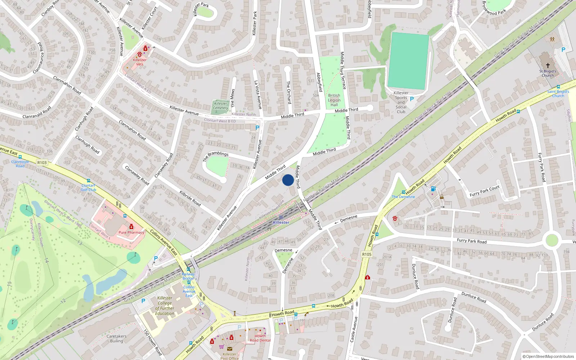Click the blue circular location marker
tap(288, 180)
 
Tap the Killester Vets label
tap(140, 62)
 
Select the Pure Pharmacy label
tap(131, 233)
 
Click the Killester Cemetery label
tap(220, 105)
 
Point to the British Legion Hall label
tap(334, 100)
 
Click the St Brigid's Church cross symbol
tap(548, 66)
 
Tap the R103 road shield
tap(42, 162)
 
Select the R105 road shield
tap(366, 254)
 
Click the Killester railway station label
tap(281, 222)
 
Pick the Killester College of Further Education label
tap(165, 306)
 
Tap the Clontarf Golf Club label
tap(88, 188)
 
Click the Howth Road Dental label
tap(260, 338)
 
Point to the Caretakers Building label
tap(116, 338)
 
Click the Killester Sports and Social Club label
tap(401, 102)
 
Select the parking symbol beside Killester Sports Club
tap(412, 99)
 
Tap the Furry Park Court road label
tap(485, 191)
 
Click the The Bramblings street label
tap(216, 156)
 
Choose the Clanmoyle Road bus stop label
tap(20, 164)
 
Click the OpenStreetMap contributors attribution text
tap(549, 357)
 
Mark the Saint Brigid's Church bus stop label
tap(558, 94)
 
